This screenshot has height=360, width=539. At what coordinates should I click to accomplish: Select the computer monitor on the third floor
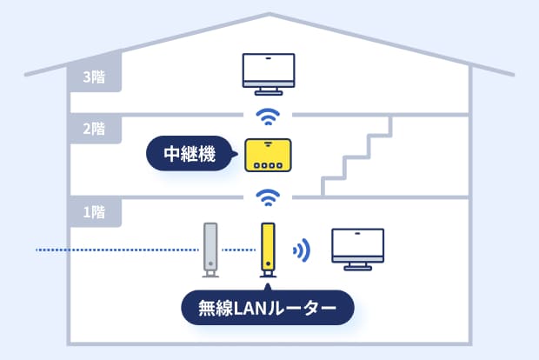[269, 70]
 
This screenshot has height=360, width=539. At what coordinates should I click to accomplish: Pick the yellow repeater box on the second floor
[269, 155]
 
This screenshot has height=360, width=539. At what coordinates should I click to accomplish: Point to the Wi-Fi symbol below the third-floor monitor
[269, 116]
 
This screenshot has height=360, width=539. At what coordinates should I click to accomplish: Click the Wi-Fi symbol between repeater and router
[269, 197]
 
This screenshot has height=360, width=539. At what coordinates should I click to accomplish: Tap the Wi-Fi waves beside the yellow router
[301, 250]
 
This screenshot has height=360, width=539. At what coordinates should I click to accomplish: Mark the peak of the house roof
[269, 15]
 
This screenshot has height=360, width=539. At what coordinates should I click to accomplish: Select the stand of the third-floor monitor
[269, 90]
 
